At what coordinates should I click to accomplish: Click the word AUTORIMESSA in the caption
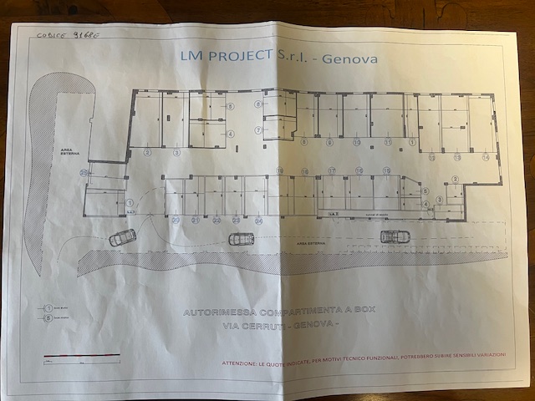click(x=219, y=310)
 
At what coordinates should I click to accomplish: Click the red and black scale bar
click(x=81, y=357)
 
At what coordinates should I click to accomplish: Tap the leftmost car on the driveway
click(x=123, y=237)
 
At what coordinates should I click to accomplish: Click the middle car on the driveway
click(x=242, y=239)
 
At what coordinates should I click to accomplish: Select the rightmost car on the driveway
click(x=395, y=236)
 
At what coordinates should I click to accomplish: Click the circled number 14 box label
click(x=486, y=157)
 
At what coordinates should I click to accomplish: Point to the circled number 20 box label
click(x=176, y=221)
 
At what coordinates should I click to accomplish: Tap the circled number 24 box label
click(x=258, y=221)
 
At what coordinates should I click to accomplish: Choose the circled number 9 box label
click(x=329, y=142)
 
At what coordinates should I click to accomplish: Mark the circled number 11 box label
click(x=388, y=142)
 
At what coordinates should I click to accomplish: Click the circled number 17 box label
click(x=332, y=170)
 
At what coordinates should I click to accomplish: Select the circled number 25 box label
click(x=84, y=173)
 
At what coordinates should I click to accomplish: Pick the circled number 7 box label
click(x=258, y=130)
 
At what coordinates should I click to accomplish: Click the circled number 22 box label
click(x=217, y=221)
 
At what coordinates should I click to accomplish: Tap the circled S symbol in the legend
click(x=49, y=317)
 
